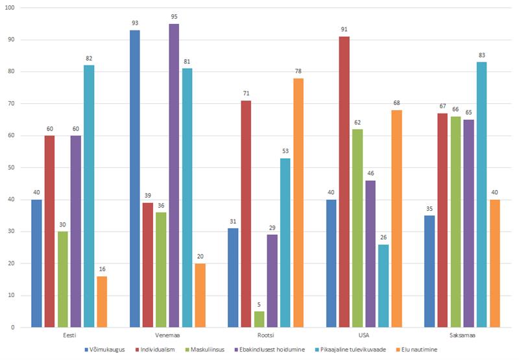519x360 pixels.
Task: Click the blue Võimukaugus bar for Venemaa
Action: coord(134,178)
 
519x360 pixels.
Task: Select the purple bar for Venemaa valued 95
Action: coord(174,175)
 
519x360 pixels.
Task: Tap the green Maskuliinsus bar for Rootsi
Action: coord(259,319)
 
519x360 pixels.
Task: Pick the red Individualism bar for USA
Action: coord(344,182)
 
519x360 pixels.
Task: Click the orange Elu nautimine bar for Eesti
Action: coord(102,302)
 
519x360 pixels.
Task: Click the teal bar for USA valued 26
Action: coord(383,285)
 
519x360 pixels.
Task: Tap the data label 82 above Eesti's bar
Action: coord(89,58)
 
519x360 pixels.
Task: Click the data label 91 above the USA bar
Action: coord(344,30)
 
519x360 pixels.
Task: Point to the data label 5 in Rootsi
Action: coord(259,305)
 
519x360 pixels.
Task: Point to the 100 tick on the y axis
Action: coord(12,8)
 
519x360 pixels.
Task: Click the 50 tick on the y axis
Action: coord(14,167)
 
